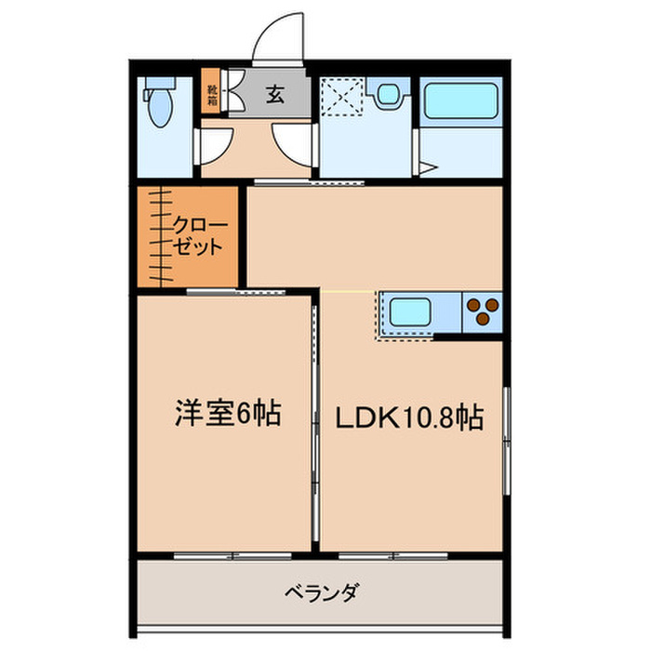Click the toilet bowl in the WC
pos(160,108)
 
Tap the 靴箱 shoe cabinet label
pos(212,95)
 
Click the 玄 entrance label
pos(275,94)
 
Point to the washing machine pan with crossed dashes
pos(343,97)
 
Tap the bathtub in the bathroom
pos(461,100)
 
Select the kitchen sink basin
pos(410,312)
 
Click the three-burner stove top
pos(483,312)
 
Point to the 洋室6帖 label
pos(228,414)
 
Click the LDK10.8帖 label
pos(409,418)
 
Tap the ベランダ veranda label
pos(321,593)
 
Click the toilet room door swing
pos(215,146)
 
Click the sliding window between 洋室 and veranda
pos(232,556)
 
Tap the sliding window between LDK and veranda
pos(392,556)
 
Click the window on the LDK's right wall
pos(507,441)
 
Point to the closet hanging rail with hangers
pos(161,236)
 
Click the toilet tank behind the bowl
pos(159,84)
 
